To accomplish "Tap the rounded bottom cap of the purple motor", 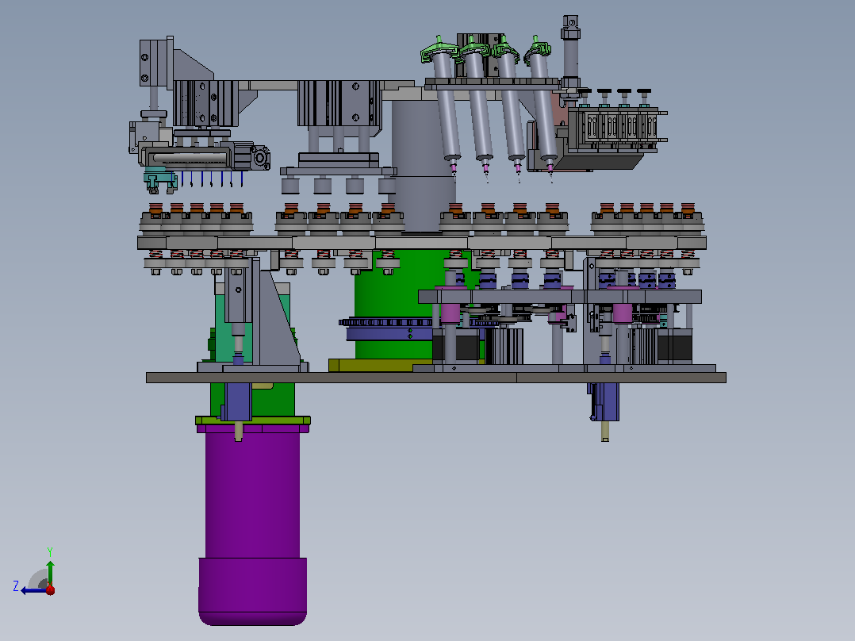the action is (252, 592).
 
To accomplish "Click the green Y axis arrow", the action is (50, 573).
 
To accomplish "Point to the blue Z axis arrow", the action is (34, 590).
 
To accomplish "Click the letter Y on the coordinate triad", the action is (50, 551).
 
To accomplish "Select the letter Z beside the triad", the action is (16, 586).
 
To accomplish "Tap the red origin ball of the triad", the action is (50, 589).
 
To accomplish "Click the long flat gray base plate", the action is (435, 378).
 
